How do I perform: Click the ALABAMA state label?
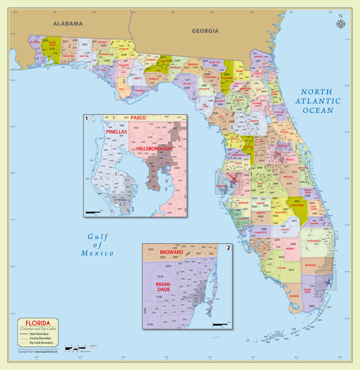pyautogui.click(x=68, y=24)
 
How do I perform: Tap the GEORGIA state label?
pyautogui.click(x=205, y=31)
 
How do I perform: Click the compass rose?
pyautogui.click(x=340, y=23)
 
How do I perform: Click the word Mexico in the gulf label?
pyautogui.click(x=97, y=253)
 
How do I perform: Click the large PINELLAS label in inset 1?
pyautogui.click(x=116, y=132)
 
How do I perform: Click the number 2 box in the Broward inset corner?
pyautogui.click(x=228, y=248)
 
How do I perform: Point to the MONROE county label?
pyautogui.click(x=294, y=296)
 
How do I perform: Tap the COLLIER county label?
pyautogui.click(x=281, y=268)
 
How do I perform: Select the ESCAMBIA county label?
pyautogui.click(x=35, y=42)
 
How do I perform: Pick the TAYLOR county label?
pyautogui.click(x=187, y=84)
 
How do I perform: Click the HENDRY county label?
pyautogui.click(x=290, y=249)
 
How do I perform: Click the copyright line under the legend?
pyautogui.click(x=38, y=352)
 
